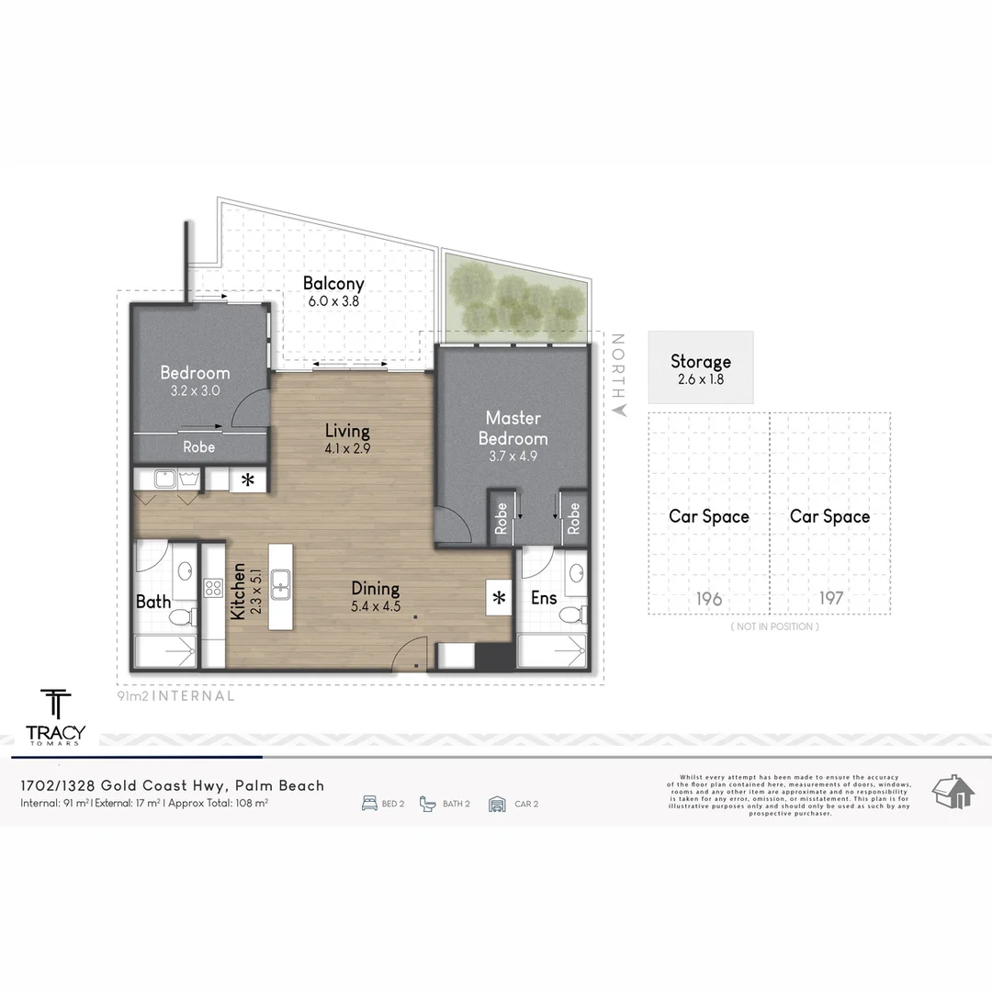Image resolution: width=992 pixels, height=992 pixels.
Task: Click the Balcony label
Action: click(333, 284)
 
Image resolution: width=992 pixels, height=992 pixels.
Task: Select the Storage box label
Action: click(700, 362)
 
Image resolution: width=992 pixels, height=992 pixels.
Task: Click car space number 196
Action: click(708, 599)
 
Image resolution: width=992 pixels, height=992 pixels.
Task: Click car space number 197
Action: click(830, 599)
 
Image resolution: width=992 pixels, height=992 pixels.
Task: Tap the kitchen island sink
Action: click(281, 581)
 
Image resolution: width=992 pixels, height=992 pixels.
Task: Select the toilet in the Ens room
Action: click(573, 613)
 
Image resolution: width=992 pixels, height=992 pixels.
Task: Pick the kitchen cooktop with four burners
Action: click(213, 587)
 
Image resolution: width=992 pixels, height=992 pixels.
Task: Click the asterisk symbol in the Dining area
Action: click(499, 599)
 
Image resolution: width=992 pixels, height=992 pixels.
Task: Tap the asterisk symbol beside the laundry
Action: click(247, 479)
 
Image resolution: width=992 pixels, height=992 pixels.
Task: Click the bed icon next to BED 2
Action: click(370, 804)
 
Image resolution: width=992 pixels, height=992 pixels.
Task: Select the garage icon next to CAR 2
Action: click(497, 804)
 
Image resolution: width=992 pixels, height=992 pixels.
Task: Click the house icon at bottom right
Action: click(953, 792)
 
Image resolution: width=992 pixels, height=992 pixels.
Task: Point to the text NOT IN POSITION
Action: click(773, 626)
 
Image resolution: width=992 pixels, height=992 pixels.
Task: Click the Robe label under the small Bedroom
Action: click(198, 447)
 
